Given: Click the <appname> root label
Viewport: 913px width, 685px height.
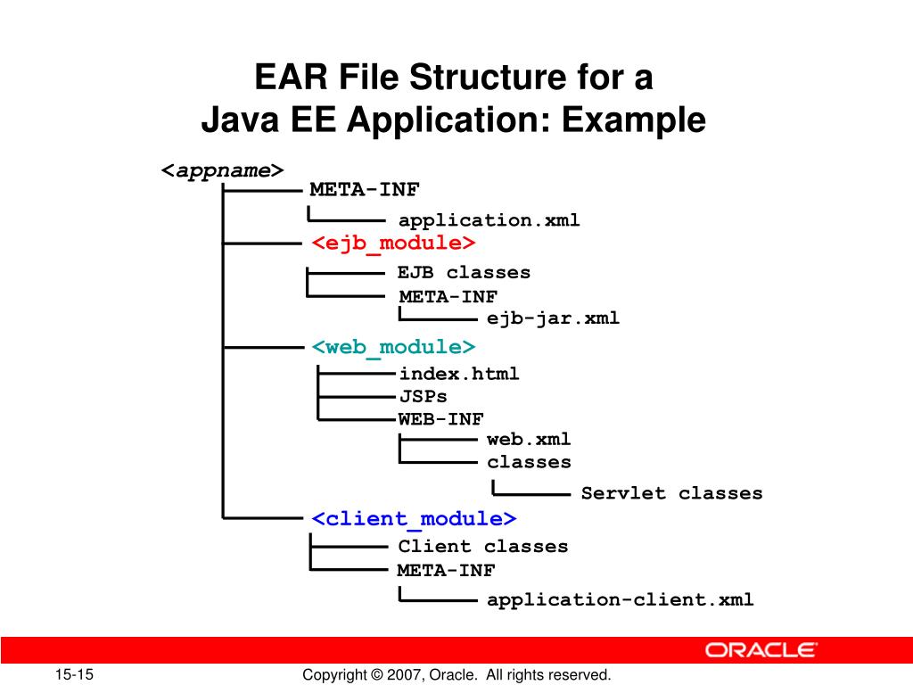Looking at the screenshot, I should coord(222,170).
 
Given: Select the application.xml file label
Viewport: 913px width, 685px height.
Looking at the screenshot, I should coord(489,220).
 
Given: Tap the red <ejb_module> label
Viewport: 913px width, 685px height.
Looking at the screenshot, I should coord(393,243).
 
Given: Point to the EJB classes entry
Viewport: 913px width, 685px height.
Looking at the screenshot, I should coord(464,273).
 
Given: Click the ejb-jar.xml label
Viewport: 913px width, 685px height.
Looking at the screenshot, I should coord(553,318).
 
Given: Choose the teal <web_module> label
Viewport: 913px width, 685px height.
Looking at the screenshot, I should coord(393,346).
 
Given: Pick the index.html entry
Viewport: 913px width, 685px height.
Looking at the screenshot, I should coord(458,374).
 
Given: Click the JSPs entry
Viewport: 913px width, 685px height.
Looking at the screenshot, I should coord(423,396).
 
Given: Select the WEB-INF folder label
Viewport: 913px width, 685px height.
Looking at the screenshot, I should coord(440,418).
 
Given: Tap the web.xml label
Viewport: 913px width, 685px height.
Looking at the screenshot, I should coord(529,440).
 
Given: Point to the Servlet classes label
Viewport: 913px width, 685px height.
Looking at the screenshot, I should coord(671,493).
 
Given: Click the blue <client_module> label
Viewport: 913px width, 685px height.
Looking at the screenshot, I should coord(414,518).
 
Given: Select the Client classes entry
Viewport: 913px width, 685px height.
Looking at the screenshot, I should coord(482,546).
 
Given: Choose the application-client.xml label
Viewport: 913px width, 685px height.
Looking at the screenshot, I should coord(620,599).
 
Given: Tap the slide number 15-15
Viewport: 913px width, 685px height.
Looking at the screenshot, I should coord(77,675).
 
